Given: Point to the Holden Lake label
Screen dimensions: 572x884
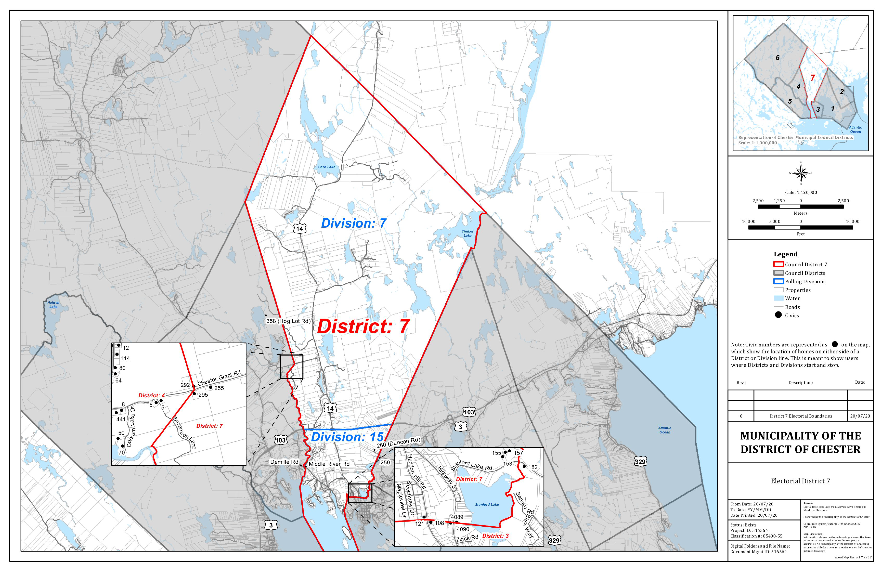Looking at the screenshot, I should (53, 305).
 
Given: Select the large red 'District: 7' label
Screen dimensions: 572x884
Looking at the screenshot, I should (363, 327).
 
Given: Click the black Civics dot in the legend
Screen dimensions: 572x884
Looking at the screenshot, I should (778, 315).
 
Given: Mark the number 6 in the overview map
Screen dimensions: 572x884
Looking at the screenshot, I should (777, 58).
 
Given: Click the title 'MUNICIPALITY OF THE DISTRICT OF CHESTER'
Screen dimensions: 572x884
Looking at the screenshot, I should (800, 442).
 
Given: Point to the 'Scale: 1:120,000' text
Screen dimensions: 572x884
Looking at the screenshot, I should (800, 192).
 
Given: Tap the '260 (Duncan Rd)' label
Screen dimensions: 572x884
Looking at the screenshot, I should (398, 442).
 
